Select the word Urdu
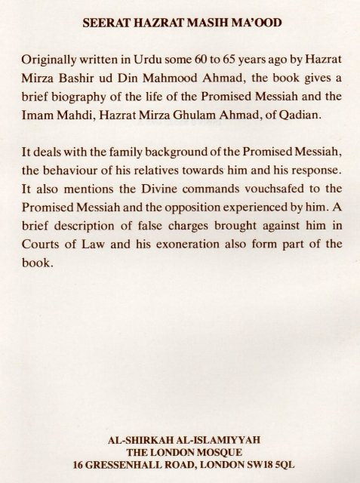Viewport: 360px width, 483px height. [x=151, y=60]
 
